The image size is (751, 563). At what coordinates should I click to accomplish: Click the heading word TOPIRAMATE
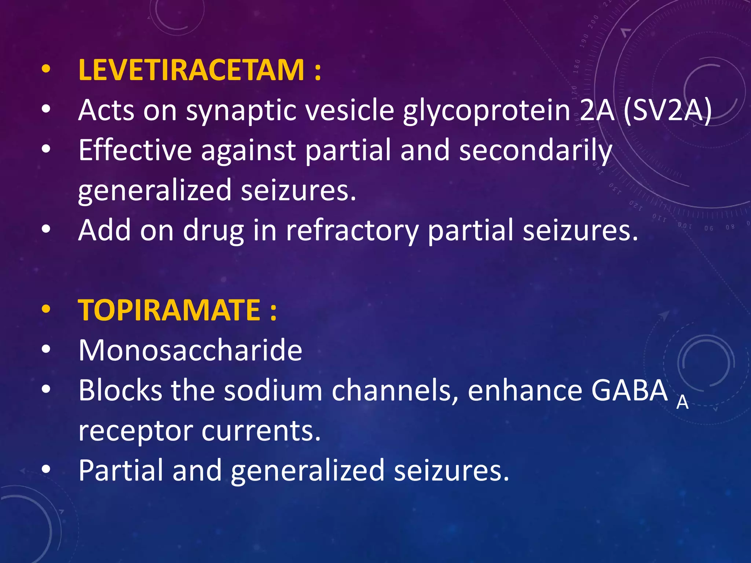169,310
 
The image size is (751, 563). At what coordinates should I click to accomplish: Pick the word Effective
135,150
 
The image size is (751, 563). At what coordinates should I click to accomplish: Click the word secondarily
536,151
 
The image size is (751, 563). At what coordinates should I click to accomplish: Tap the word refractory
352,231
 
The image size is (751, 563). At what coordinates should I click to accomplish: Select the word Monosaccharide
190,350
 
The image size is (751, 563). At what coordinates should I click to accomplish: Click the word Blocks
120,390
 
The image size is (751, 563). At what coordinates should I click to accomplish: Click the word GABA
630,390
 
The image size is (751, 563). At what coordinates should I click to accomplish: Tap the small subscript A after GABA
682,403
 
